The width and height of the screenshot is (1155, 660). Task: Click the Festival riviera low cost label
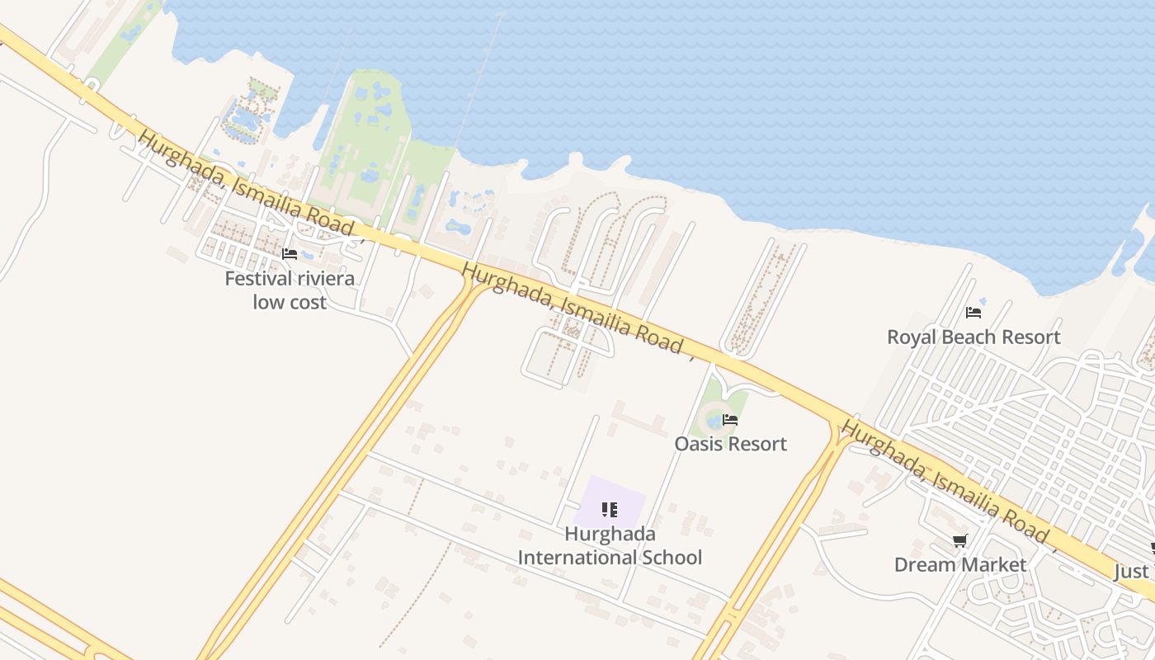pyautogui.click(x=290, y=290)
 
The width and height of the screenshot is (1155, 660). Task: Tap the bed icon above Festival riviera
pyautogui.click(x=290, y=254)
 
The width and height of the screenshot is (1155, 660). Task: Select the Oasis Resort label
pyautogui.click(x=730, y=444)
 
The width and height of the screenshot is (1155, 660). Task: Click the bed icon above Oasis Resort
pyautogui.click(x=730, y=420)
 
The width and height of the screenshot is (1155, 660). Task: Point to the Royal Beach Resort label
pyautogui.click(x=973, y=337)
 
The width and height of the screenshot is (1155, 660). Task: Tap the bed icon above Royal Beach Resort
pyautogui.click(x=973, y=313)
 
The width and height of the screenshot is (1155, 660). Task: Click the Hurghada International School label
pyautogui.click(x=610, y=545)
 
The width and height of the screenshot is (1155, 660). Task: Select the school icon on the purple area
pyautogui.click(x=610, y=510)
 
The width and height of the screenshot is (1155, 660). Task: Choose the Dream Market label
pyautogui.click(x=960, y=564)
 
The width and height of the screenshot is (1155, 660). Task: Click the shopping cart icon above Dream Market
pyautogui.click(x=959, y=541)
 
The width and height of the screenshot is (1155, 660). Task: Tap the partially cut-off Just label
pyautogui.click(x=1132, y=571)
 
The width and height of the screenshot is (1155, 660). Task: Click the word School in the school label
pyautogui.click(x=670, y=558)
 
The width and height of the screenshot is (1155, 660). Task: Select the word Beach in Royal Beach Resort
pyautogui.click(x=973, y=337)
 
